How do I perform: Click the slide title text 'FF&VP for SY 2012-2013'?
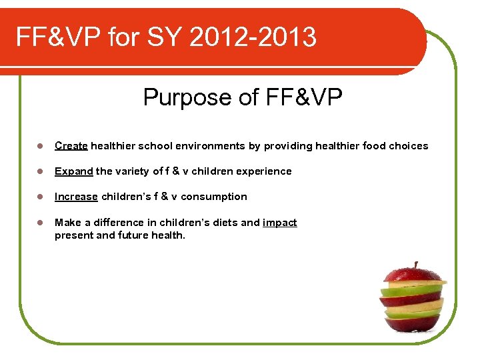point(166,37)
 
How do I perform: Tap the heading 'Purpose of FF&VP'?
point(243,98)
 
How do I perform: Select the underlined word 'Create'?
point(71,146)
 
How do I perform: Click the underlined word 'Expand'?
point(74,171)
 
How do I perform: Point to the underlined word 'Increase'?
point(76,197)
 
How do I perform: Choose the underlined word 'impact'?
point(280,223)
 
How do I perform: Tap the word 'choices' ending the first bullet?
point(409,146)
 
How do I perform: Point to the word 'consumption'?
point(214,197)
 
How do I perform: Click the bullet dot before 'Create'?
point(40,146)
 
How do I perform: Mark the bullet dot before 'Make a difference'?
point(40,223)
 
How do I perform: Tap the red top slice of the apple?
point(413,274)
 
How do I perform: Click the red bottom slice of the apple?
point(413,324)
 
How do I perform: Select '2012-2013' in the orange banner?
point(253,37)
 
